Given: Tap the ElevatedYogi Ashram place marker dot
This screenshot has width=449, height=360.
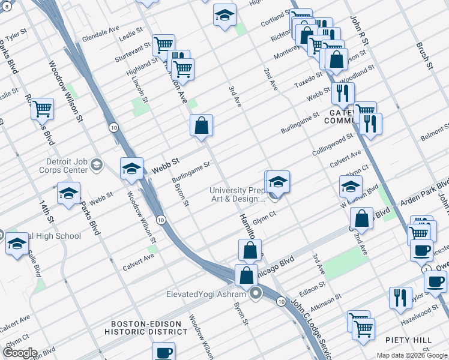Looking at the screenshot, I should [x=257, y=294].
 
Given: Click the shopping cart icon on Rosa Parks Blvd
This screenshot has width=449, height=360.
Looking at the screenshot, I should [x=43, y=109].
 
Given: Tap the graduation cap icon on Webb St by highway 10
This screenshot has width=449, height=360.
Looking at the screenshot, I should [x=131, y=169].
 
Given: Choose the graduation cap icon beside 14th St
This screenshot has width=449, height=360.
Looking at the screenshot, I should [x=69, y=193].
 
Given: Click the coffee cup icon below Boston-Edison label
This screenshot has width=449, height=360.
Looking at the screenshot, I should [x=163, y=352].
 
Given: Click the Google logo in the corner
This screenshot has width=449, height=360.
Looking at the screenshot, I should [x=19, y=353].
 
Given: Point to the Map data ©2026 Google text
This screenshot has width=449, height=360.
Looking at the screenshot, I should [x=412, y=355].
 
